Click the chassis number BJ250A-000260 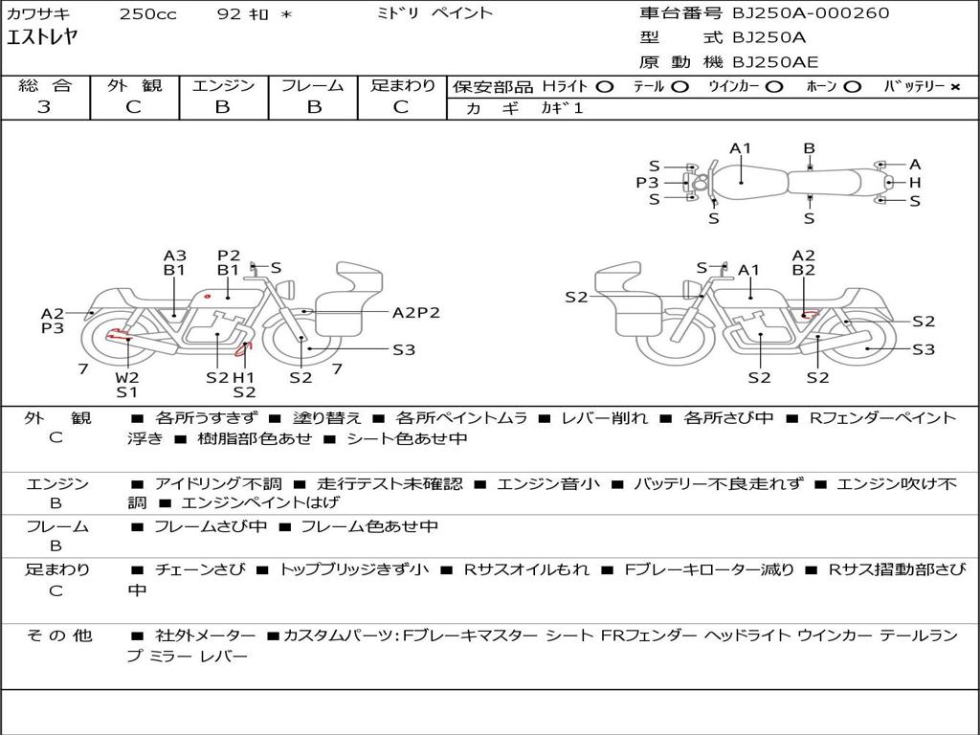pos(811,12)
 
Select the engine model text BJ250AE pos(775,62)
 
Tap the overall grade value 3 pos(44,107)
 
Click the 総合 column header pos(45,85)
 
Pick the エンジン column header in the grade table pos(223,85)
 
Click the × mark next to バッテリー pos(955,87)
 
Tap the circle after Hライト pos(605,87)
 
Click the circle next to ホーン pos(852,87)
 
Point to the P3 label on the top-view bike pos(648,183)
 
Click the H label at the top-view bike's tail pos(915,183)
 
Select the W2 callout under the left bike pos(127,377)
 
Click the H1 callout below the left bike pos(244,377)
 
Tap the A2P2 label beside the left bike pos(415,313)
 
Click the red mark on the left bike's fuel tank pos(207,296)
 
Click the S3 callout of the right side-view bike pos(924,348)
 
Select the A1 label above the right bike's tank pos(748,270)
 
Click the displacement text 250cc pos(148,13)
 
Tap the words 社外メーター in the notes pos(205,635)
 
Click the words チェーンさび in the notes pos(200,569)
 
